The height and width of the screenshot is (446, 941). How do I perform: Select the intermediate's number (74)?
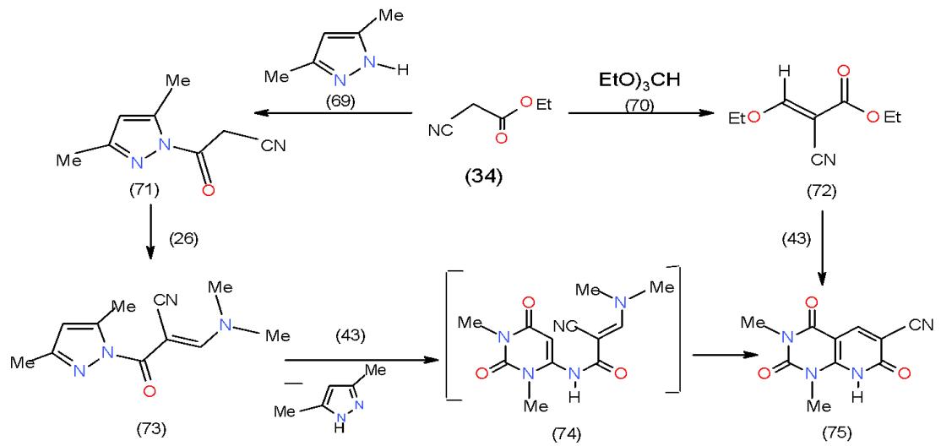pos(561,427)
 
